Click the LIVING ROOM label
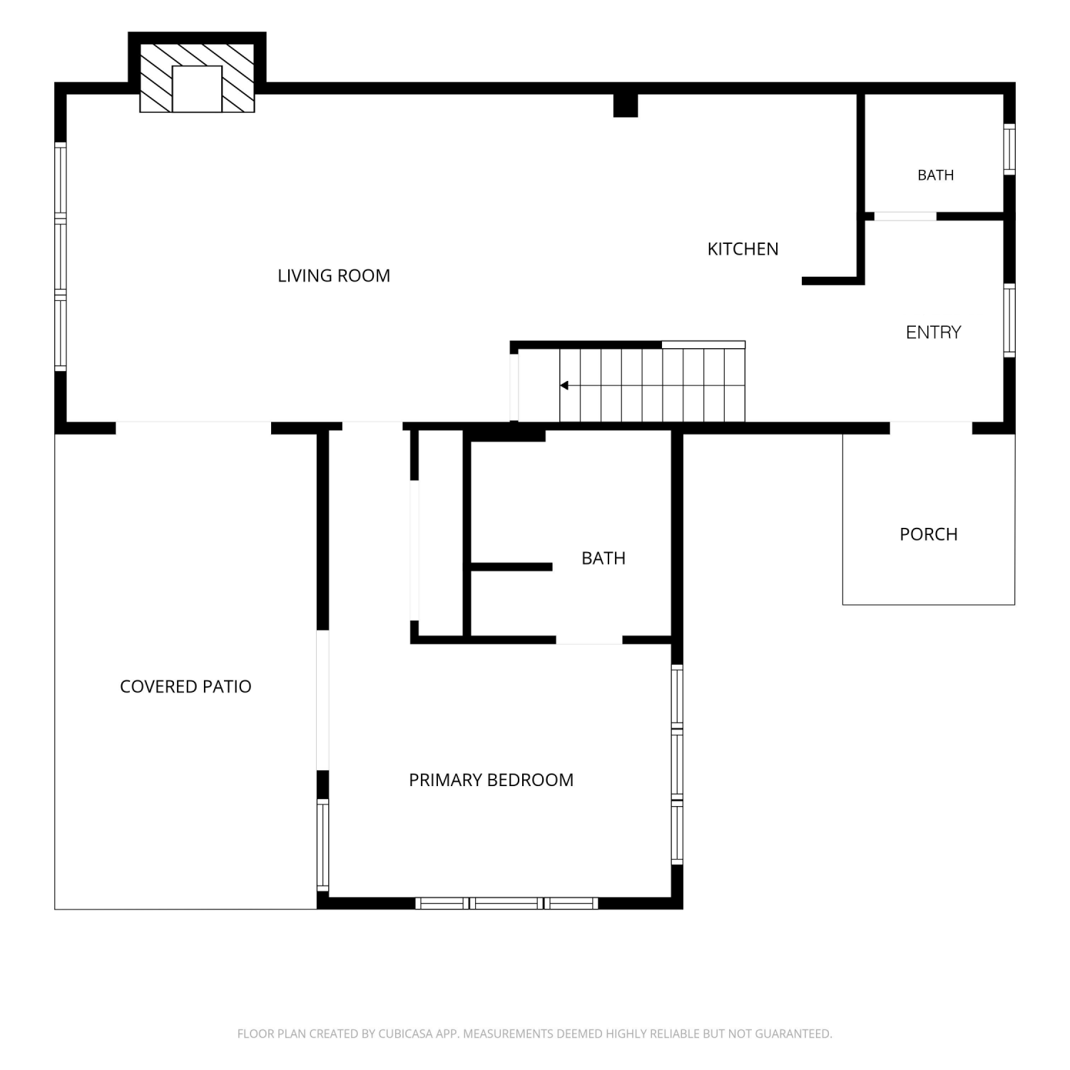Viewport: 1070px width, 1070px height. (334, 275)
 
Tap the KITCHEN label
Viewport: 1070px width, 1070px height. (743, 249)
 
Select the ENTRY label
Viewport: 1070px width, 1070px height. (933, 332)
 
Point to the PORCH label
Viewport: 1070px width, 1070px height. (928, 534)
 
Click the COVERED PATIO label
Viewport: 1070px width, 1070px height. (185, 686)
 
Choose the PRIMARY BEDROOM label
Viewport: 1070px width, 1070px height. (491, 780)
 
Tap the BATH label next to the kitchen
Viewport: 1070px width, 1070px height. (935, 175)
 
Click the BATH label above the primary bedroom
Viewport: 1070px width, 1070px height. (603, 558)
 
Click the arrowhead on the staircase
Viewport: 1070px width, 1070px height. (564, 385)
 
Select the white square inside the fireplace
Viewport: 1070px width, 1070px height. (197, 88)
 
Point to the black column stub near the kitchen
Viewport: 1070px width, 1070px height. (626, 106)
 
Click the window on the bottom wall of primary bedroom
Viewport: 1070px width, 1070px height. (506, 903)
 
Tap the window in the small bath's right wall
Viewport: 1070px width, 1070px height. (1009, 149)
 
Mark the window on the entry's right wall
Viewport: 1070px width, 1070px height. (1009, 320)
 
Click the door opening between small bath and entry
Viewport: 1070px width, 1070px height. (905, 216)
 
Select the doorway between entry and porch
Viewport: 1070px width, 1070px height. (931, 428)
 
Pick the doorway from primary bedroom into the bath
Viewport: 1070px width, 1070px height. (589, 640)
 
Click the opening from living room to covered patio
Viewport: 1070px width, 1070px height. (193, 428)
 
